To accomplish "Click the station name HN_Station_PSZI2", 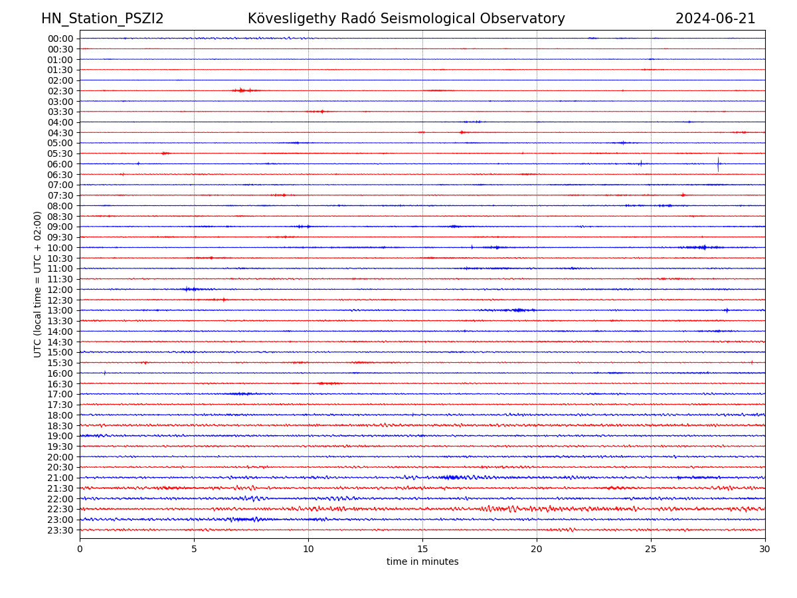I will pyautogui.click(x=102, y=19).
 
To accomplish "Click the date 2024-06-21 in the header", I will pyautogui.click(x=715, y=19).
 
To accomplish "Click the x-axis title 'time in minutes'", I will pyautogui.click(x=422, y=562).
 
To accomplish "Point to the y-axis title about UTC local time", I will pyautogui.click(x=38, y=284).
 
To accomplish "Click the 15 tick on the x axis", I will pyautogui.click(x=422, y=549).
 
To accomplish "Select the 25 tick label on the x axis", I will pyautogui.click(x=651, y=549).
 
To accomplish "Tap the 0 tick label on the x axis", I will pyautogui.click(x=80, y=549).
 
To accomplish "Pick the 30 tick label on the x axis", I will pyautogui.click(x=765, y=549).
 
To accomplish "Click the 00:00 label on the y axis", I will pyautogui.click(x=60, y=39).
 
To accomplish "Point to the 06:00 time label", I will pyautogui.click(x=60, y=164).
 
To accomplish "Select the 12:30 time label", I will pyautogui.click(x=60, y=300).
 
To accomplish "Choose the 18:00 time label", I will pyautogui.click(x=60, y=415).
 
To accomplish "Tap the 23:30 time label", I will pyautogui.click(x=60, y=530).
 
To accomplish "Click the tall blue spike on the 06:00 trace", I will pyautogui.click(x=718, y=163).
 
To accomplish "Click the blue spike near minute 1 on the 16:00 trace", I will pyautogui.click(x=104, y=373).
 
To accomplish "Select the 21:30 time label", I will pyautogui.click(x=60, y=488).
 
